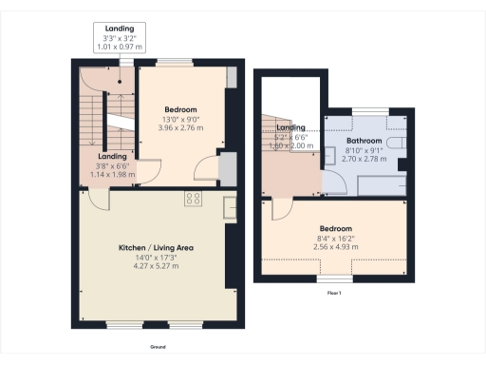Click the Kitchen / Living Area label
pyautogui.click(x=155, y=247)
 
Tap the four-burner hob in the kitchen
pyautogui.click(x=194, y=199)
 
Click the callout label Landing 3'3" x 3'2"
pyautogui.click(x=121, y=37)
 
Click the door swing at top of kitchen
pyautogui.click(x=97, y=197)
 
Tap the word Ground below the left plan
pyautogui.click(x=158, y=348)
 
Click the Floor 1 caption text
pyautogui.click(x=333, y=293)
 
